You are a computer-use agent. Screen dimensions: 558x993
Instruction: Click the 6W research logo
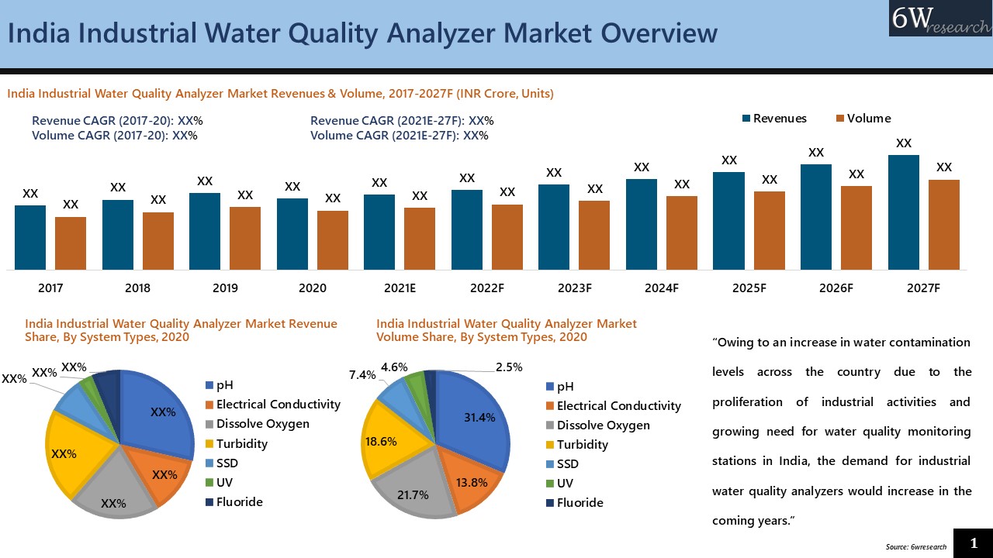tap(940, 19)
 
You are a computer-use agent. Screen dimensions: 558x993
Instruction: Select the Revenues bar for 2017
tap(30, 237)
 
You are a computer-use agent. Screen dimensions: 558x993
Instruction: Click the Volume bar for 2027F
tap(943, 225)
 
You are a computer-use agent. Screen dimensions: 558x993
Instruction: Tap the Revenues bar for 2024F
tap(641, 225)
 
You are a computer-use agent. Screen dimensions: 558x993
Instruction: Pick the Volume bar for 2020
tap(332, 240)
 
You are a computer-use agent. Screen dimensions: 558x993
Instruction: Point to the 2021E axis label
tap(400, 288)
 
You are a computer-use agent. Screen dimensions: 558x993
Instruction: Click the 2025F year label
tap(749, 288)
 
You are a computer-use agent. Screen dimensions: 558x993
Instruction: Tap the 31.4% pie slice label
tap(479, 418)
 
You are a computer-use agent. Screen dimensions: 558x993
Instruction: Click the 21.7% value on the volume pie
tap(413, 494)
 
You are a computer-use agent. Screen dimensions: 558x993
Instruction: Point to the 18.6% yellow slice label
tap(381, 442)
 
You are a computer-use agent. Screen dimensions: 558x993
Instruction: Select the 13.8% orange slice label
tap(471, 482)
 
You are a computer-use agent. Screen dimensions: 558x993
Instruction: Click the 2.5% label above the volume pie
tap(509, 367)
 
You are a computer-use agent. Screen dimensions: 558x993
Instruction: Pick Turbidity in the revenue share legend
tap(241, 443)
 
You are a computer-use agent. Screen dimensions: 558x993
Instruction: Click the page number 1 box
tap(973, 543)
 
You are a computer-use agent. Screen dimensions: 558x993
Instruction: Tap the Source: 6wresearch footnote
tap(915, 546)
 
